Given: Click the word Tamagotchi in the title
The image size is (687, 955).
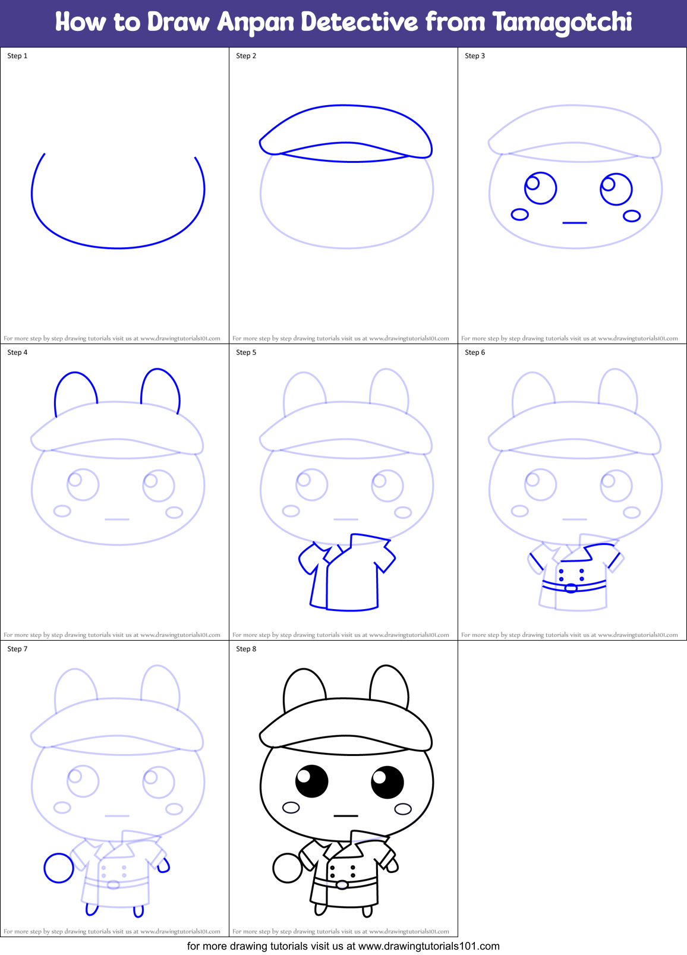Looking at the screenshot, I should pyautogui.click(x=562, y=23).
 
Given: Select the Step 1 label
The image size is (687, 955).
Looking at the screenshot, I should pyautogui.click(x=17, y=56).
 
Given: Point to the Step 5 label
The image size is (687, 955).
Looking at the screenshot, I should pyautogui.click(x=246, y=352).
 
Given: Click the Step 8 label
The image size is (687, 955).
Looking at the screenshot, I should pyautogui.click(x=246, y=649).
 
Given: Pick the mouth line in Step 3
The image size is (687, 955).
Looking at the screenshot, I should pyautogui.click(x=575, y=223).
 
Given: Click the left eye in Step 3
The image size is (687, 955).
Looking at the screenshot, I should pyautogui.click(x=540, y=188).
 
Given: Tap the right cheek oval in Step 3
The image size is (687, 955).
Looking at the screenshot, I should pyautogui.click(x=632, y=216).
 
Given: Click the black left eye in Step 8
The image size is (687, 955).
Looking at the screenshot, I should pyautogui.click(x=312, y=781).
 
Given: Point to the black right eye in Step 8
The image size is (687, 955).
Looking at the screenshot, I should pyautogui.click(x=387, y=782).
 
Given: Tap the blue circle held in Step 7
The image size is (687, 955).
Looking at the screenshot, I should pyautogui.click(x=59, y=868).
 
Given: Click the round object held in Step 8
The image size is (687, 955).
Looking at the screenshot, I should pyautogui.click(x=288, y=868).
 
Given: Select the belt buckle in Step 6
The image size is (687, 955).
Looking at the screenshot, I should pyautogui.click(x=571, y=588).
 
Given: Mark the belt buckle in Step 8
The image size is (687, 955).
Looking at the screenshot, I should pyautogui.click(x=342, y=885).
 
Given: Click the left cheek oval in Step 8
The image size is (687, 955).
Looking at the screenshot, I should pyautogui.click(x=291, y=808).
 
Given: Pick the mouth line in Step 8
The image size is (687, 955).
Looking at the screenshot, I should pyautogui.click(x=346, y=816).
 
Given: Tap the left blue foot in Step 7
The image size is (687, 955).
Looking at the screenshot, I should pyautogui.click(x=92, y=909).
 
